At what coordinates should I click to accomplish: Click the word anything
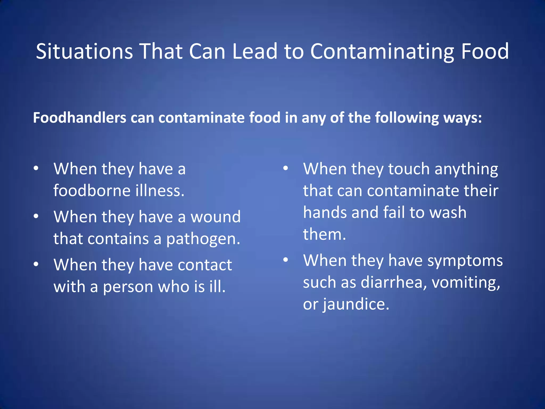tap(466, 170)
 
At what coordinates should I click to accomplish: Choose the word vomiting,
tap(466, 283)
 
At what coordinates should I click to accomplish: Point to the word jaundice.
tap(356, 304)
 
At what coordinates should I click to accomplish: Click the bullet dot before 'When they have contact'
tap(36, 264)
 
